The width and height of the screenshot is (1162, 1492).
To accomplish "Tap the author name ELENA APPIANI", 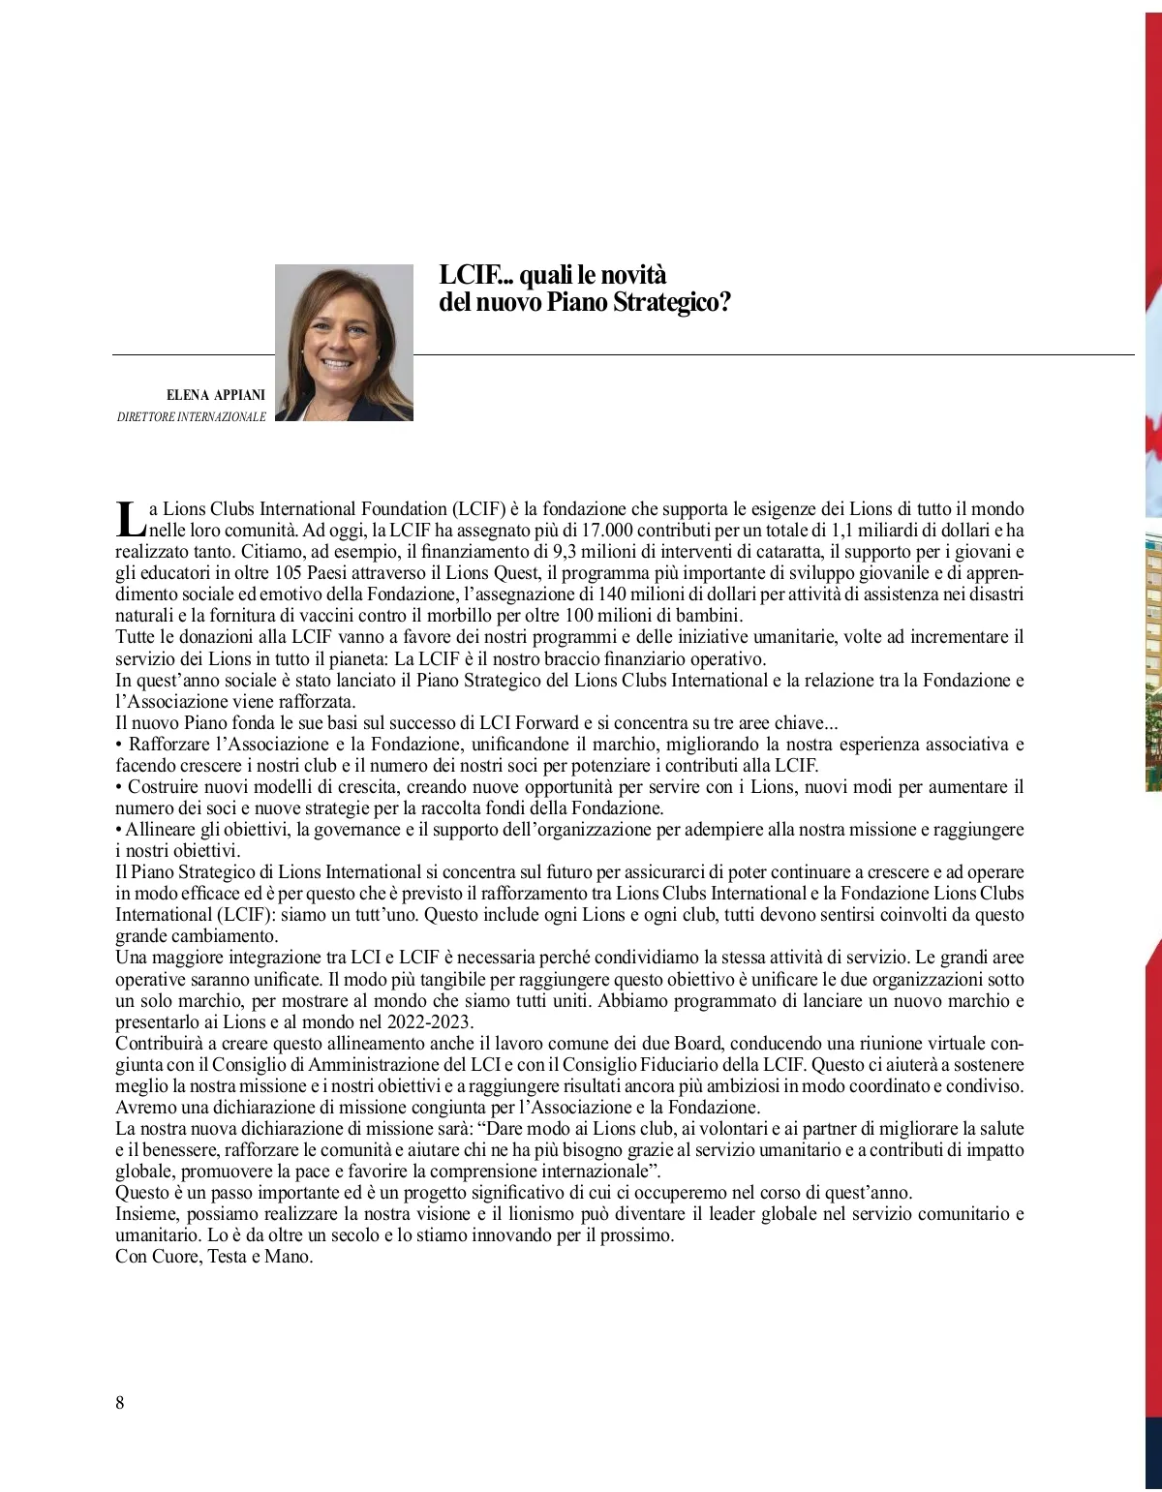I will click(216, 395).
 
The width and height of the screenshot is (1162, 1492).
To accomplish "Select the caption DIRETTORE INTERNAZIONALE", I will click(191, 417).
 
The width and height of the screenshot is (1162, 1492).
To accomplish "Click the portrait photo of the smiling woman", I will click(344, 343).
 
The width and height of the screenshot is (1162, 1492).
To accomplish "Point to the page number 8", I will click(120, 1403).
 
